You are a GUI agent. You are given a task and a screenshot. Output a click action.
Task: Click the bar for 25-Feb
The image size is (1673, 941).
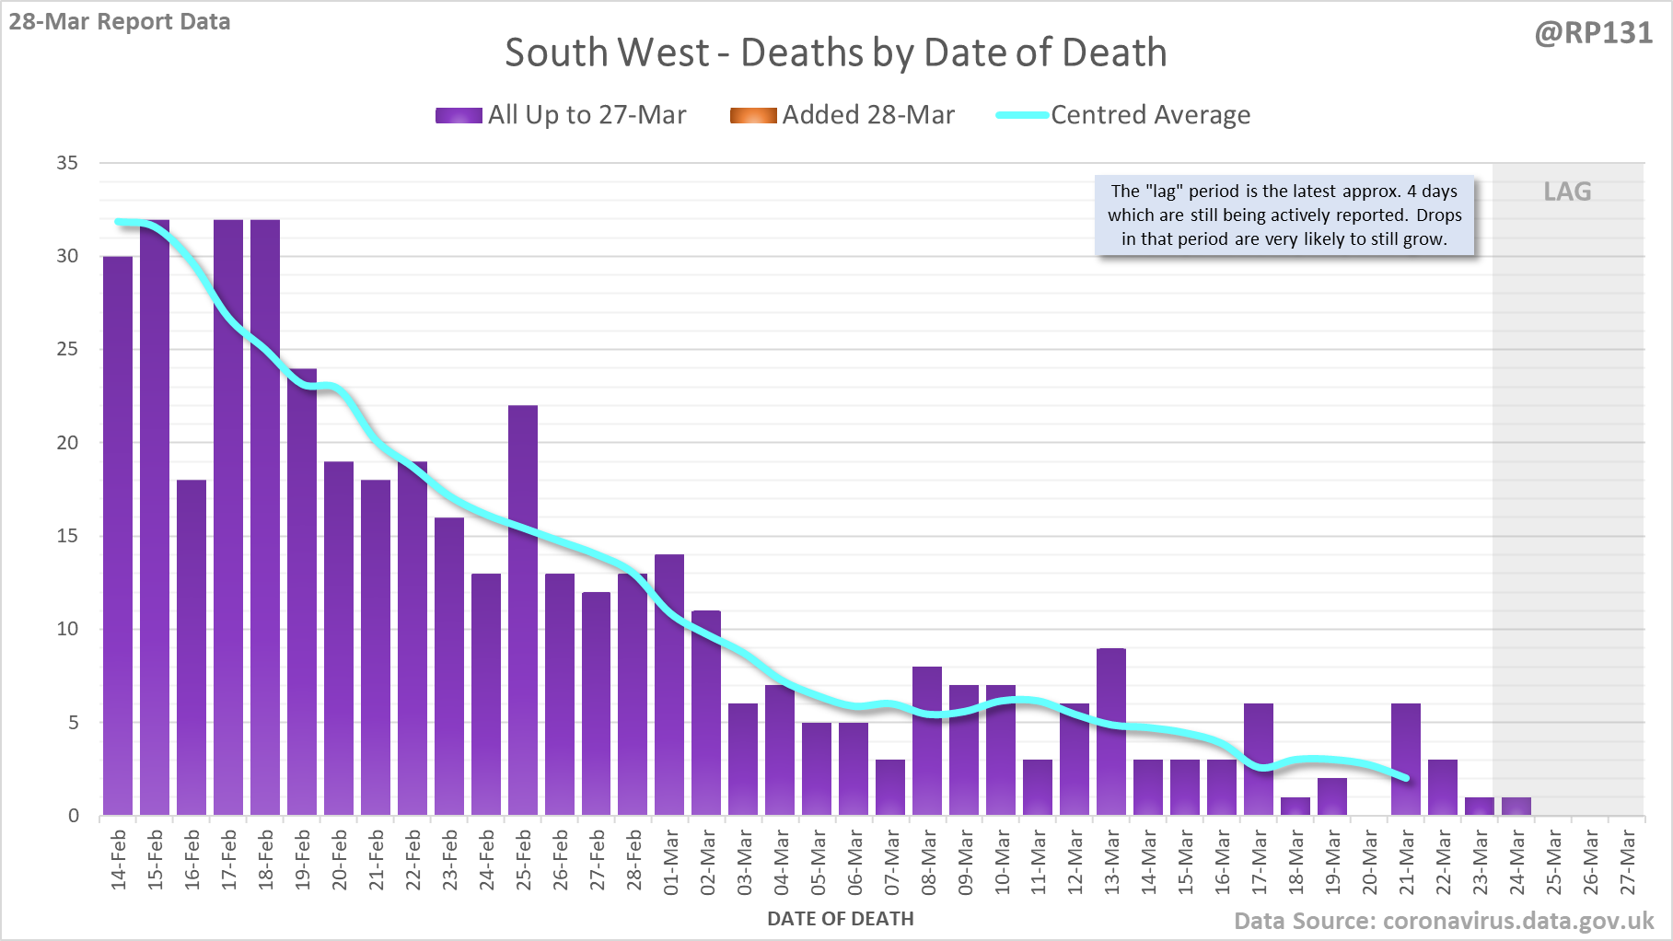(x=523, y=610)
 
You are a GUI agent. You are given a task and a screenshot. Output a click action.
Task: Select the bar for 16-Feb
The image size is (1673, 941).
(x=192, y=647)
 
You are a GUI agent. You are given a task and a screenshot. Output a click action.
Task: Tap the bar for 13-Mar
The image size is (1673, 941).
(x=1111, y=732)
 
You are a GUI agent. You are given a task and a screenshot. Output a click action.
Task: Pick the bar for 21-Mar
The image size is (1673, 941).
(x=1406, y=760)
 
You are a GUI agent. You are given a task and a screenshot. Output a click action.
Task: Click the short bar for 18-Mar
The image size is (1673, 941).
(x=1295, y=807)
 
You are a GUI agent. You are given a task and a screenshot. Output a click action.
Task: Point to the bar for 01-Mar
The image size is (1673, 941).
(x=669, y=685)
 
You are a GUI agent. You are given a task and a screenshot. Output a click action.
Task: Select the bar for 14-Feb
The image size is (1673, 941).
(x=118, y=536)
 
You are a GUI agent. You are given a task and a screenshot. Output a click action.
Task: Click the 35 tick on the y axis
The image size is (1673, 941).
(x=67, y=163)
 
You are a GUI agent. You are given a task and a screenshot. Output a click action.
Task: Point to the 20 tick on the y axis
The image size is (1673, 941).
(x=67, y=443)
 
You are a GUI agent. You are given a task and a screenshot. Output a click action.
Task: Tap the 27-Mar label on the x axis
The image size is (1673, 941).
(x=1628, y=861)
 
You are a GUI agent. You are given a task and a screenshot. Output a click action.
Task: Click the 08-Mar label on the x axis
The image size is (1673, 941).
(x=928, y=861)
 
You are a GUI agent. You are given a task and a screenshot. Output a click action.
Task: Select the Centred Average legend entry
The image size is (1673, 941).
(x=1123, y=115)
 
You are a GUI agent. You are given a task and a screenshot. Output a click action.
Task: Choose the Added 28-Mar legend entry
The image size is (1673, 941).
(x=842, y=115)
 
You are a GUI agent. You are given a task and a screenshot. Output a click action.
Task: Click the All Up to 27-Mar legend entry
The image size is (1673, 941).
(x=561, y=115)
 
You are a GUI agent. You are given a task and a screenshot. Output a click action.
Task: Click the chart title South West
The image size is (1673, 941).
(x=836, y=52)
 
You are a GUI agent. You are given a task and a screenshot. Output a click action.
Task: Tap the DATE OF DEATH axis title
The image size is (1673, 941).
(x=841, y=919)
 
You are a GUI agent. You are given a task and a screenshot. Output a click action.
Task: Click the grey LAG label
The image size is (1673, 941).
(x=1567, y=192)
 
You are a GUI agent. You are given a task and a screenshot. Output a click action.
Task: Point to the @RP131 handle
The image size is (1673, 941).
(x=1593, y=33)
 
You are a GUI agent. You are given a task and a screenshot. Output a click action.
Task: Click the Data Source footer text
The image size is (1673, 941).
(x=1444, y=921)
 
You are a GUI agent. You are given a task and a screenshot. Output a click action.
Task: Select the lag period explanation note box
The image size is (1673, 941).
(x=1284, y=215)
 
